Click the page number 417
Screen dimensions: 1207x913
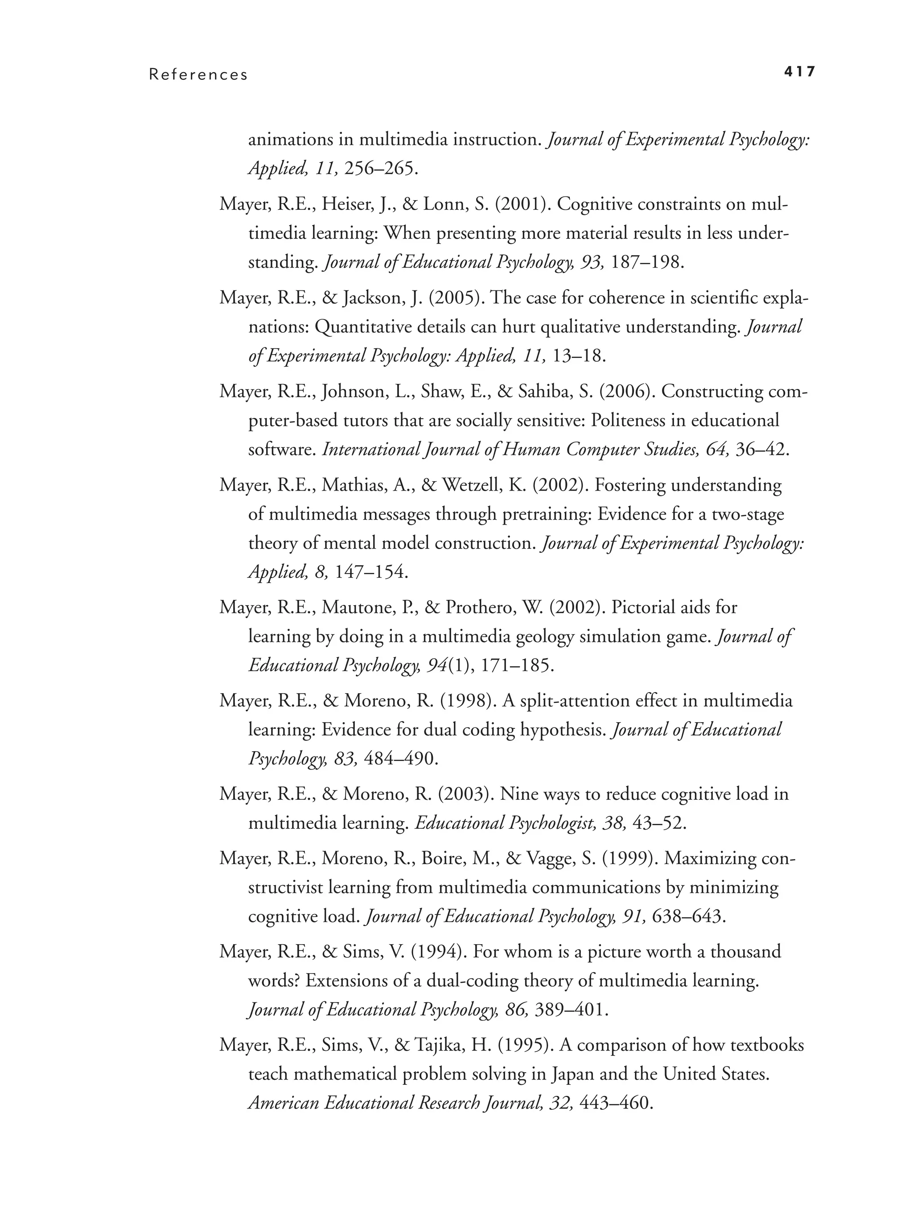pos(799,71)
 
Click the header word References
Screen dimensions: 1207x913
pos(198,75)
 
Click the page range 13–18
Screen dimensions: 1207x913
pos(579,356)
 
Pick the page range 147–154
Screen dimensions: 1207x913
pos(371,572)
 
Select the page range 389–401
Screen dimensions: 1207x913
pos(571,1009)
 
